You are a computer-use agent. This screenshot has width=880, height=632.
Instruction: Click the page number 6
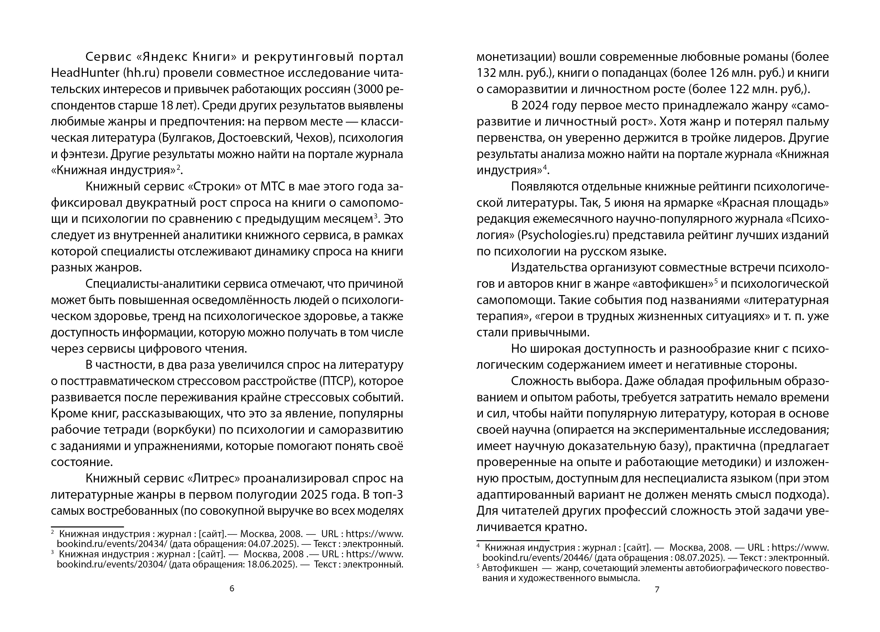(232, 588)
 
